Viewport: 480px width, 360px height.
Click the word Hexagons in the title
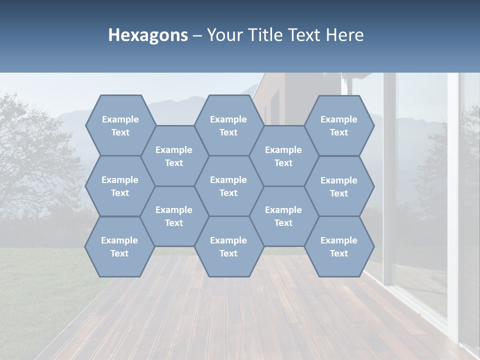148,35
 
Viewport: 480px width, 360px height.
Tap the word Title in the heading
266,35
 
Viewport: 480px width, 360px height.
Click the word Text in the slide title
304,35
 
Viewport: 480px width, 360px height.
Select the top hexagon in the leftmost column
120,125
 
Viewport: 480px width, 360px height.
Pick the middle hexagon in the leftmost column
120,186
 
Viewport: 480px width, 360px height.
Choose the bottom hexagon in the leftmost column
119,246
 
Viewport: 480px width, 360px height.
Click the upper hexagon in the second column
174,156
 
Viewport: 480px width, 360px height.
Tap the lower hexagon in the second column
174,216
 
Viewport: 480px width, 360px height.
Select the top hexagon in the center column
228,125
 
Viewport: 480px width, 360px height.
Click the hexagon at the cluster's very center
228,186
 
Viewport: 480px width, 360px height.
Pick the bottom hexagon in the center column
228,246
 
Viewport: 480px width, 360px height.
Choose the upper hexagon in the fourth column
283,156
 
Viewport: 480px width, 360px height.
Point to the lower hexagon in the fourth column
283,216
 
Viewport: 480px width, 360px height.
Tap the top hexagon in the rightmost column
339,125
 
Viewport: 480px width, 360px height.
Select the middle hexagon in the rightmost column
339,186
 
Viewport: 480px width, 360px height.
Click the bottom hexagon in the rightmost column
339,246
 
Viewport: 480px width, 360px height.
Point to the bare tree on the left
35,150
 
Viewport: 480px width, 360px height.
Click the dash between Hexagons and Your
197,36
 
